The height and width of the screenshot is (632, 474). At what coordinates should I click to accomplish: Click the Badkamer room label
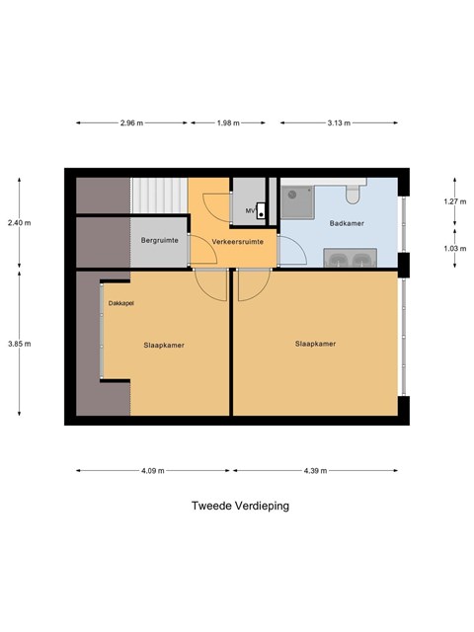coord(347,223)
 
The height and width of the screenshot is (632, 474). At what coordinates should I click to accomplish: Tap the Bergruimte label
coord(160,240)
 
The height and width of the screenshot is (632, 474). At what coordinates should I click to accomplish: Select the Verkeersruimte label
coord(237,241)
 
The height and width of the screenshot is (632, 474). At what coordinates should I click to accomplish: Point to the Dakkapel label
coord(120,303)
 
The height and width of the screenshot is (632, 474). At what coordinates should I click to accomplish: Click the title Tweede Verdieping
coord(240,506)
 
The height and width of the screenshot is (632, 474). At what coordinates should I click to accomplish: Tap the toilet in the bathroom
coord(353,194)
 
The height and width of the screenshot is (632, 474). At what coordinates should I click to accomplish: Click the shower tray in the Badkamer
coord(297,202)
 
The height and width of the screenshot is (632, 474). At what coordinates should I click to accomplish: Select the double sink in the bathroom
coord(351,258)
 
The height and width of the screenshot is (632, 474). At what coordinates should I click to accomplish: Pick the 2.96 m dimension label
coord(131,122)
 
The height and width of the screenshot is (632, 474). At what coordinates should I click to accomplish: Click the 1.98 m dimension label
coord(228,122)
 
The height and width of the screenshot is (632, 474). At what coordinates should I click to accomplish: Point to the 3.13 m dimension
coord(339,122)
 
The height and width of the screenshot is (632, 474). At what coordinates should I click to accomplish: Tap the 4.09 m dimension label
coord(153,470)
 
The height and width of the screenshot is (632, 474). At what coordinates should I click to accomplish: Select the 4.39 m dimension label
coord(315,470)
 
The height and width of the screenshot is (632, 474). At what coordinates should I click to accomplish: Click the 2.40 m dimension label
coord(20,222)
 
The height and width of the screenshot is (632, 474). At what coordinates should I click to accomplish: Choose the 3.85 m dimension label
coord(20,344)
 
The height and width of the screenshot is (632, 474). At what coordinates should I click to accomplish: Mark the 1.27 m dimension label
coord(455,201)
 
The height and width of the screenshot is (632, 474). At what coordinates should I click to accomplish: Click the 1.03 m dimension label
coord(455,248)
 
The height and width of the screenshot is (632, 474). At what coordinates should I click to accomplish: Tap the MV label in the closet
coord(250,210)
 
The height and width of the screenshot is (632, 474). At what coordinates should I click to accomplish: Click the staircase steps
coord(159,196)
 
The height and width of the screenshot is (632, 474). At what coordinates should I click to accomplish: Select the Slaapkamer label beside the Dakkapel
coord(164,345)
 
